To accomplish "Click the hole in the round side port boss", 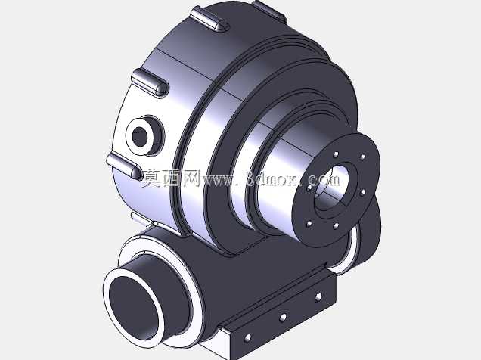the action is (140, 136).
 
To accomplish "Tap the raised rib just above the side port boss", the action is (150, 82).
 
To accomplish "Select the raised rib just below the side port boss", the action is (124, 166).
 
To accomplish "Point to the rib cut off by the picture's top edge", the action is (269, 11).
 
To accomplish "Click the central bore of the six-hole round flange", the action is (333, 188).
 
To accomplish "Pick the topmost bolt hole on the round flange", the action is (337, 154).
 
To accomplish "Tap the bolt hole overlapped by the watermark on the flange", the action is (309, 188).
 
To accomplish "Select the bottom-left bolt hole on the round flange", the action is (309, 224).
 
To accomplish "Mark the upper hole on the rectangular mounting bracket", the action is (318, 296).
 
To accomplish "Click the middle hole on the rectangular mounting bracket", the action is (283, 318).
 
